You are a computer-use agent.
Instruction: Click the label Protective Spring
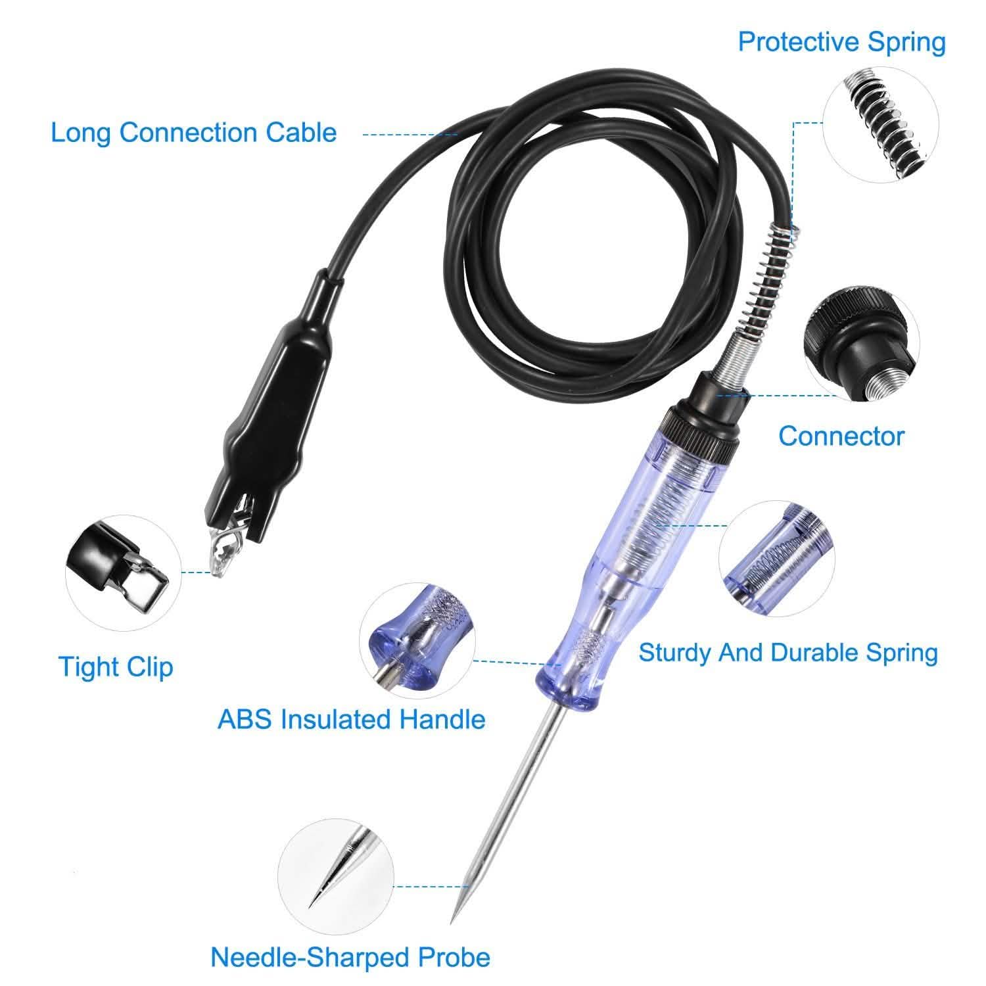point(841,42)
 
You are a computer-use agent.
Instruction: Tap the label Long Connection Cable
point(194,133)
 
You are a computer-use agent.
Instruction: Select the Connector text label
point(841,436)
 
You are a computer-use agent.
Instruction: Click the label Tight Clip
point(116,667)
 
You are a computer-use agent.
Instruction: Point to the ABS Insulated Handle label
point(352,719)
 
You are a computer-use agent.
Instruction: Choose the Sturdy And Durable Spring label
point(787,653)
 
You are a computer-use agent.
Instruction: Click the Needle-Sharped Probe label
point(350,957)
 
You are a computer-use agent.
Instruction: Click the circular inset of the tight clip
point(123,573)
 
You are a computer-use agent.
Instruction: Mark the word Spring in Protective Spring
point(907,42)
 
